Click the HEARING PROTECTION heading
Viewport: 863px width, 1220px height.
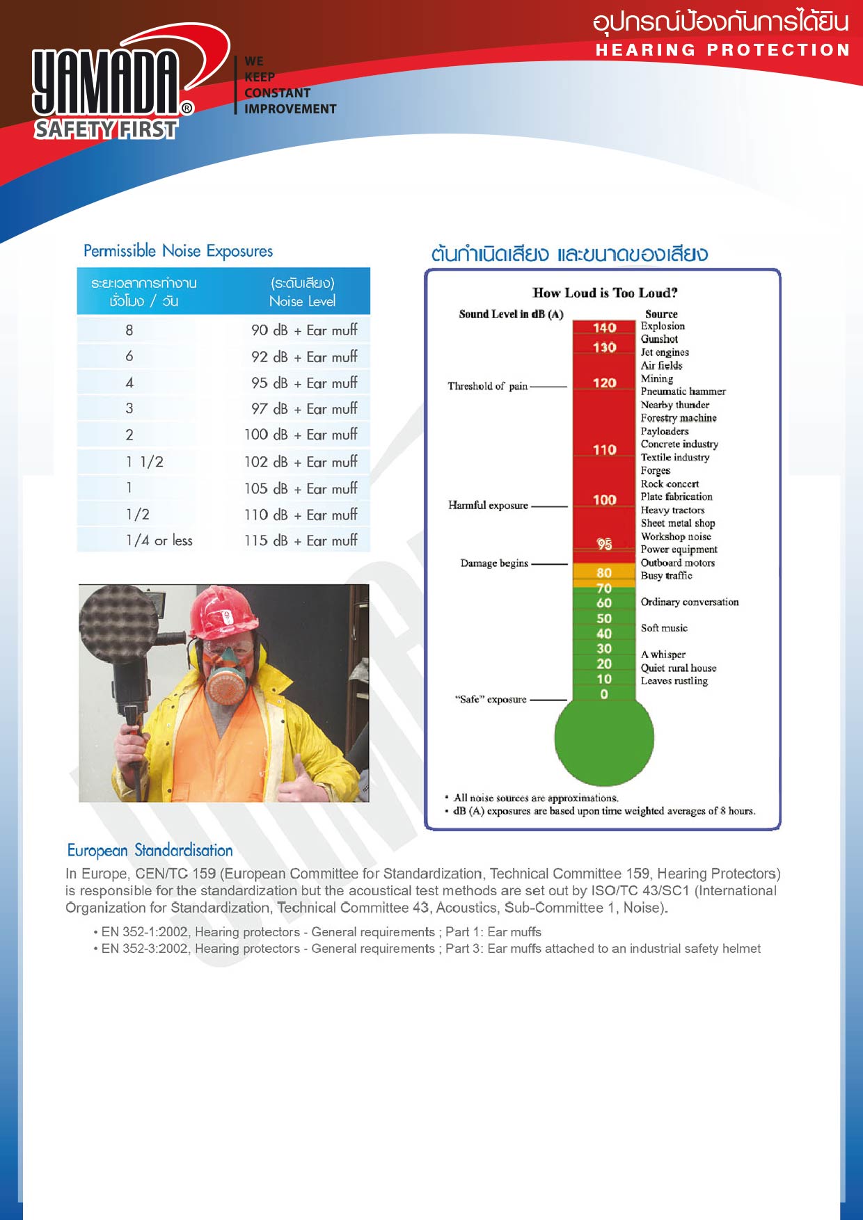722,50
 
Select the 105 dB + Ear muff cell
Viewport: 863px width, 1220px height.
301,488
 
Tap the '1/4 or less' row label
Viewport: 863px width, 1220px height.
159,540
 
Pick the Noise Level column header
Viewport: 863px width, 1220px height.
302,300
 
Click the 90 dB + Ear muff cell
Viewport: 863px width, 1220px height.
304,330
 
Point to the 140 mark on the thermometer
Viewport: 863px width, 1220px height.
604,328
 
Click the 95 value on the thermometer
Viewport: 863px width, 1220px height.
604,544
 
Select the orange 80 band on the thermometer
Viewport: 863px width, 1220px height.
604,572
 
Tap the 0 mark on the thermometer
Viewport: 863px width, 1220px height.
604,694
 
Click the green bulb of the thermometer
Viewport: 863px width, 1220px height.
604,737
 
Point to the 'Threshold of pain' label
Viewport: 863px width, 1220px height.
487,386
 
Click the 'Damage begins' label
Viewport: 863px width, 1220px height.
494,563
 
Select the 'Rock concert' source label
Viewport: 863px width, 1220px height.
670,484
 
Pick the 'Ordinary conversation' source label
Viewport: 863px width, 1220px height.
689,602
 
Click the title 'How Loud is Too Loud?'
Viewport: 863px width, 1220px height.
604,293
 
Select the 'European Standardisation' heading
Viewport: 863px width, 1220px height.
150,850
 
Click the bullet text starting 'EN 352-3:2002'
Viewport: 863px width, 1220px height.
430,949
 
